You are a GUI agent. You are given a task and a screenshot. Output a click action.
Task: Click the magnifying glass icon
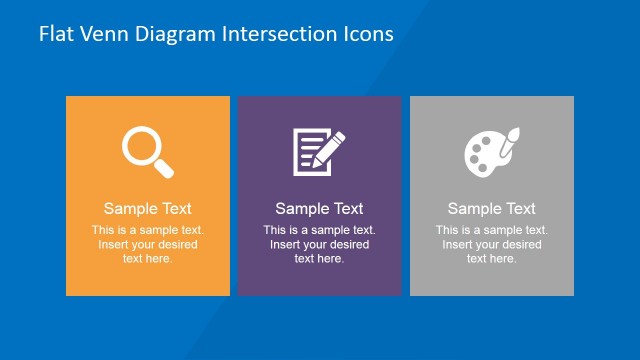(x=147, y=150)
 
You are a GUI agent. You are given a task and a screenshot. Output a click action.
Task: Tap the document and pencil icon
(x=318, y=150)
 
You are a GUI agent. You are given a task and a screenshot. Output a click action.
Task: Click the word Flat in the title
(x=55, y=33)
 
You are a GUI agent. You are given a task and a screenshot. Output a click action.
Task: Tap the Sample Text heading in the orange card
(x=148, y=209)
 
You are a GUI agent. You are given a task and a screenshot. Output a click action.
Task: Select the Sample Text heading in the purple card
(x=320, y=209)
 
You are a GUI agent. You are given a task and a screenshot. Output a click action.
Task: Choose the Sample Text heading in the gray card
(x=492, y=209)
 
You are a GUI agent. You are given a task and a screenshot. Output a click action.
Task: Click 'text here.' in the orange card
(x=148, y=259)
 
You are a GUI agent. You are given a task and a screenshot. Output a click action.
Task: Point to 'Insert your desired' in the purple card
(x=320, y=245)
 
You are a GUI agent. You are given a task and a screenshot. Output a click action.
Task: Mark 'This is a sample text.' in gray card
(x=492, y=230)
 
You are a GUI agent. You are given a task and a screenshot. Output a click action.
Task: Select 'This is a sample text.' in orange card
(x=148, y=230)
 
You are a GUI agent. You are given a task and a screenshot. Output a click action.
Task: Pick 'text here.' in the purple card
(x=320, y=259)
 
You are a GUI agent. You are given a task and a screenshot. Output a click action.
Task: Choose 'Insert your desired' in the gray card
(x=492, y=245)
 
